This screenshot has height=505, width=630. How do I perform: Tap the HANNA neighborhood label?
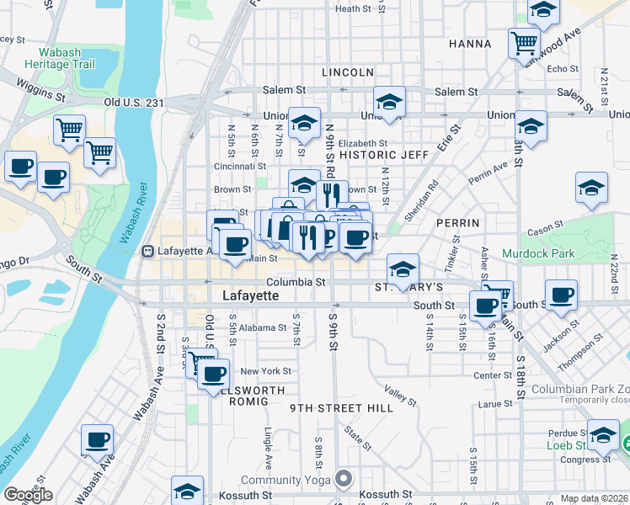(470, 43)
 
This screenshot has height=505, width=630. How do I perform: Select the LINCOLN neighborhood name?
(347, 72)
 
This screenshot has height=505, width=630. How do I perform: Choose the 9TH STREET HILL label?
(341, 407)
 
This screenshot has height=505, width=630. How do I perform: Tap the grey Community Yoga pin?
(343, 480)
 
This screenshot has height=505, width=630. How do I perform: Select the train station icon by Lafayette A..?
(148, 251)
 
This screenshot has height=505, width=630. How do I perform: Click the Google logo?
(28, 495)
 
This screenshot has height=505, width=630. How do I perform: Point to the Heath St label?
(353, 9)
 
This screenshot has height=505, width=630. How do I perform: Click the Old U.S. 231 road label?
(135, 102)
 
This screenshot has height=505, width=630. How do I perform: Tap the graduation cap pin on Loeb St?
(603, 433)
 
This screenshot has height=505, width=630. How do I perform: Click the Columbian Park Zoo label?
(581, 390)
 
